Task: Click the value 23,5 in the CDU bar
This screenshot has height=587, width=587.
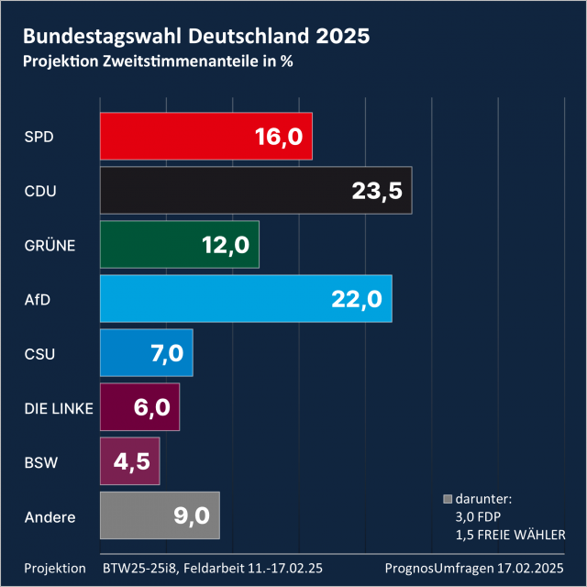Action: (x=377, y=191)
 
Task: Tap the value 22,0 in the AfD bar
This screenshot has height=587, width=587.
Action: (x=357, y=299)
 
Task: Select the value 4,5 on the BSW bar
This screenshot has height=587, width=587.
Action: (x=131, y=461)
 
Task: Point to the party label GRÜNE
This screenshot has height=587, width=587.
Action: (x=49, y=245)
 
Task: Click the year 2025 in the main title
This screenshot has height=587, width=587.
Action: (x=342, y=37)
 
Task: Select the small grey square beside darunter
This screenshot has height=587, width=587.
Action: (x=448, y=500)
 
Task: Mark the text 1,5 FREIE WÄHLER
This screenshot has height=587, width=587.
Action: (x=509, y=535)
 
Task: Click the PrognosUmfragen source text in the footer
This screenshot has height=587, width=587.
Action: (x=443, y=568)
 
